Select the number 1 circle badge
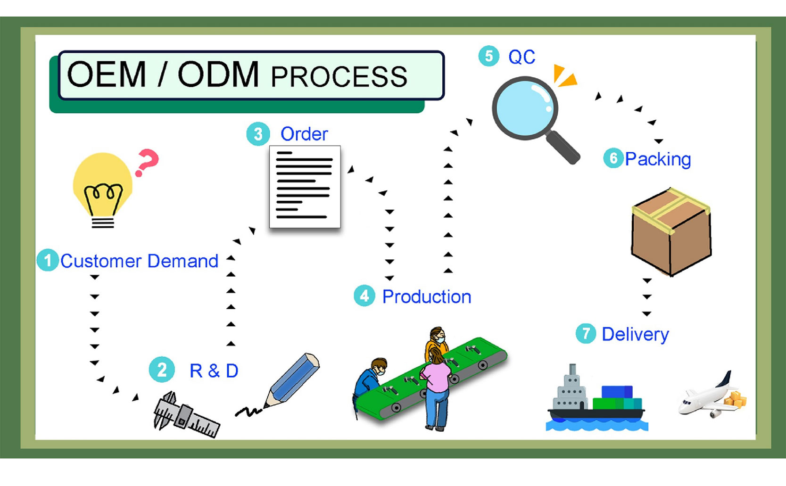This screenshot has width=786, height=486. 48,260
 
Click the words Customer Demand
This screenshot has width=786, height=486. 139,261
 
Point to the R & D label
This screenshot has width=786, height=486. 214,371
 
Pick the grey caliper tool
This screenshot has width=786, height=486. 185,414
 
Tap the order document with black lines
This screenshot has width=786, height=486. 305,187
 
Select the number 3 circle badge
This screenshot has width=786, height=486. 258,134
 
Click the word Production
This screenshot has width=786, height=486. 426,297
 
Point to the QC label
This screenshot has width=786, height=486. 521,57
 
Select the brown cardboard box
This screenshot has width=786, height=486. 671,231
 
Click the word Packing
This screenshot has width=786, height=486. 658,159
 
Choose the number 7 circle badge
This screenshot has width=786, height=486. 586,334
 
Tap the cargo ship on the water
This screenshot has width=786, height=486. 596,400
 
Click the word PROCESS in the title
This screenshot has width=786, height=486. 339,77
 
